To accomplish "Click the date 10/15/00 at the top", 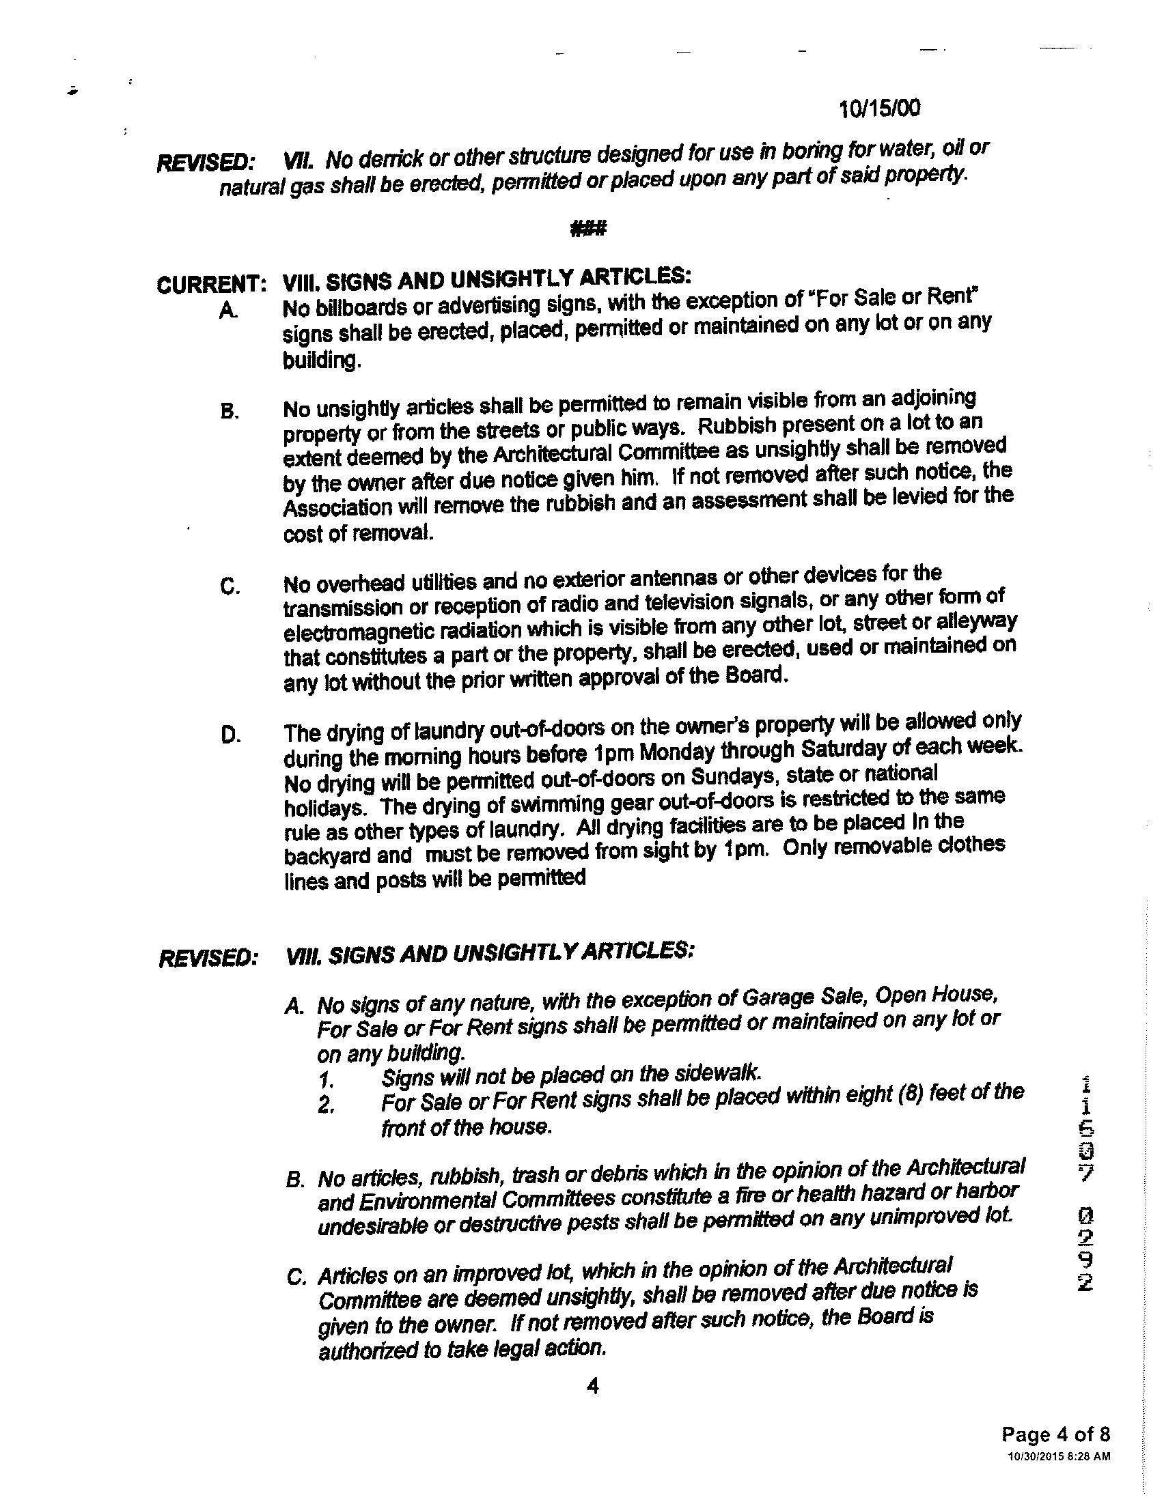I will [x=880, y=108].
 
